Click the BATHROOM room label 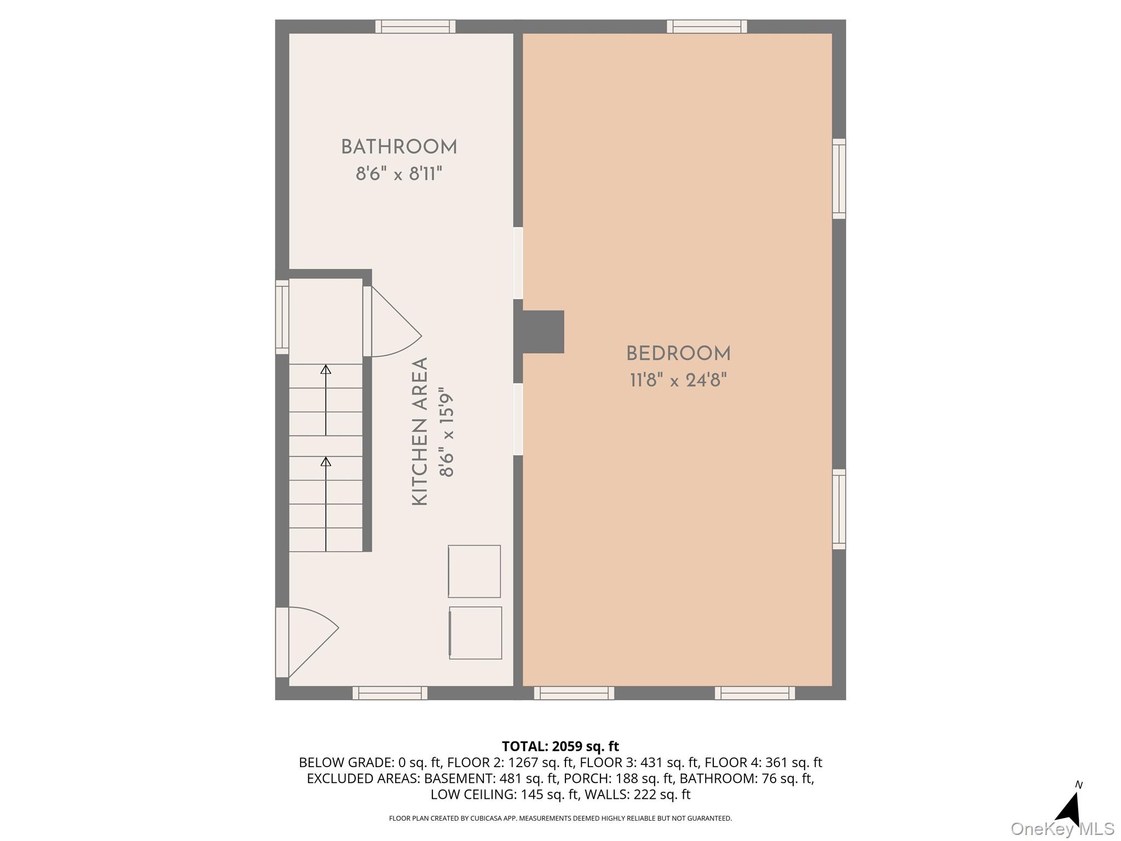click(399, 147)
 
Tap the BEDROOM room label click(678, 354)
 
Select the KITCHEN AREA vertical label click(420, 431)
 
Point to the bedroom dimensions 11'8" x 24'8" click(678, 380)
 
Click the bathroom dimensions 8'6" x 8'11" click(399, 174)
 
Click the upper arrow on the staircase click(326, 400)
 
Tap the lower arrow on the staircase click(326, 504)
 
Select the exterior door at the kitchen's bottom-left click(307, 642)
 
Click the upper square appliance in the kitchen click(474, 571)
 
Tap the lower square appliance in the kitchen click(475, 632)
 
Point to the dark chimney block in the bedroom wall click(539, 332)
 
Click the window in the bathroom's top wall click(415, 26)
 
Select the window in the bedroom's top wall click(707, 26)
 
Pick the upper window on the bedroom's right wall click(839, 179)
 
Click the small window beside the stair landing click(282, 317)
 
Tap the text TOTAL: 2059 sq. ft click(560, 746)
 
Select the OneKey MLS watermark click(1062, 829)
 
